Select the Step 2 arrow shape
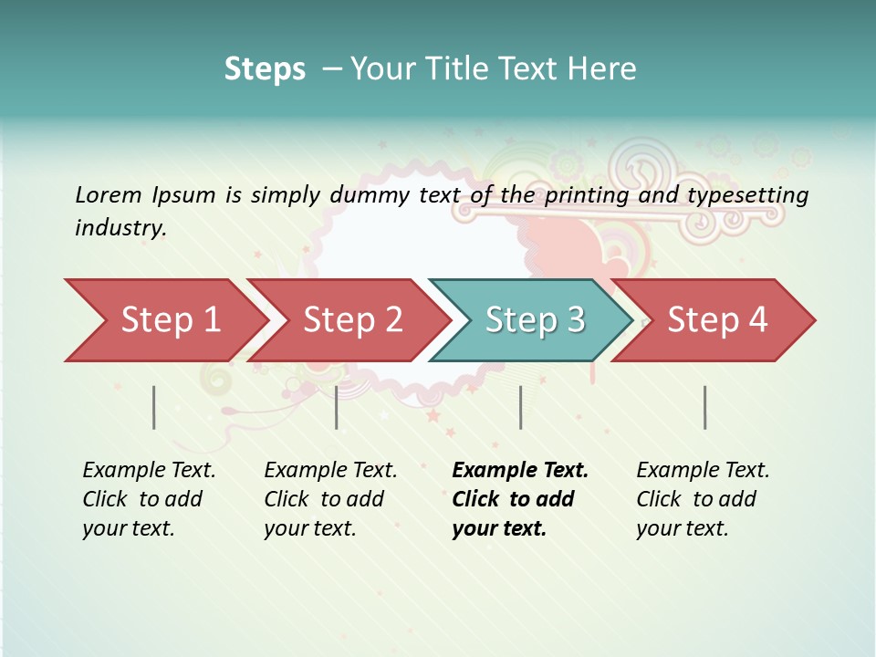351,320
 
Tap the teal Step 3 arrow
534,320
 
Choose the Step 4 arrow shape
716,320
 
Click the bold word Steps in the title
265,69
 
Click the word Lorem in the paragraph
108,194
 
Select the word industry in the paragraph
119,228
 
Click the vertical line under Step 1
154,407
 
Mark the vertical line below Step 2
337,407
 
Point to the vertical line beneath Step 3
520,407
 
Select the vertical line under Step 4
705,407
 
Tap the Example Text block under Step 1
148,499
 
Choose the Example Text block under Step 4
702,499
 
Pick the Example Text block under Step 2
329,499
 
